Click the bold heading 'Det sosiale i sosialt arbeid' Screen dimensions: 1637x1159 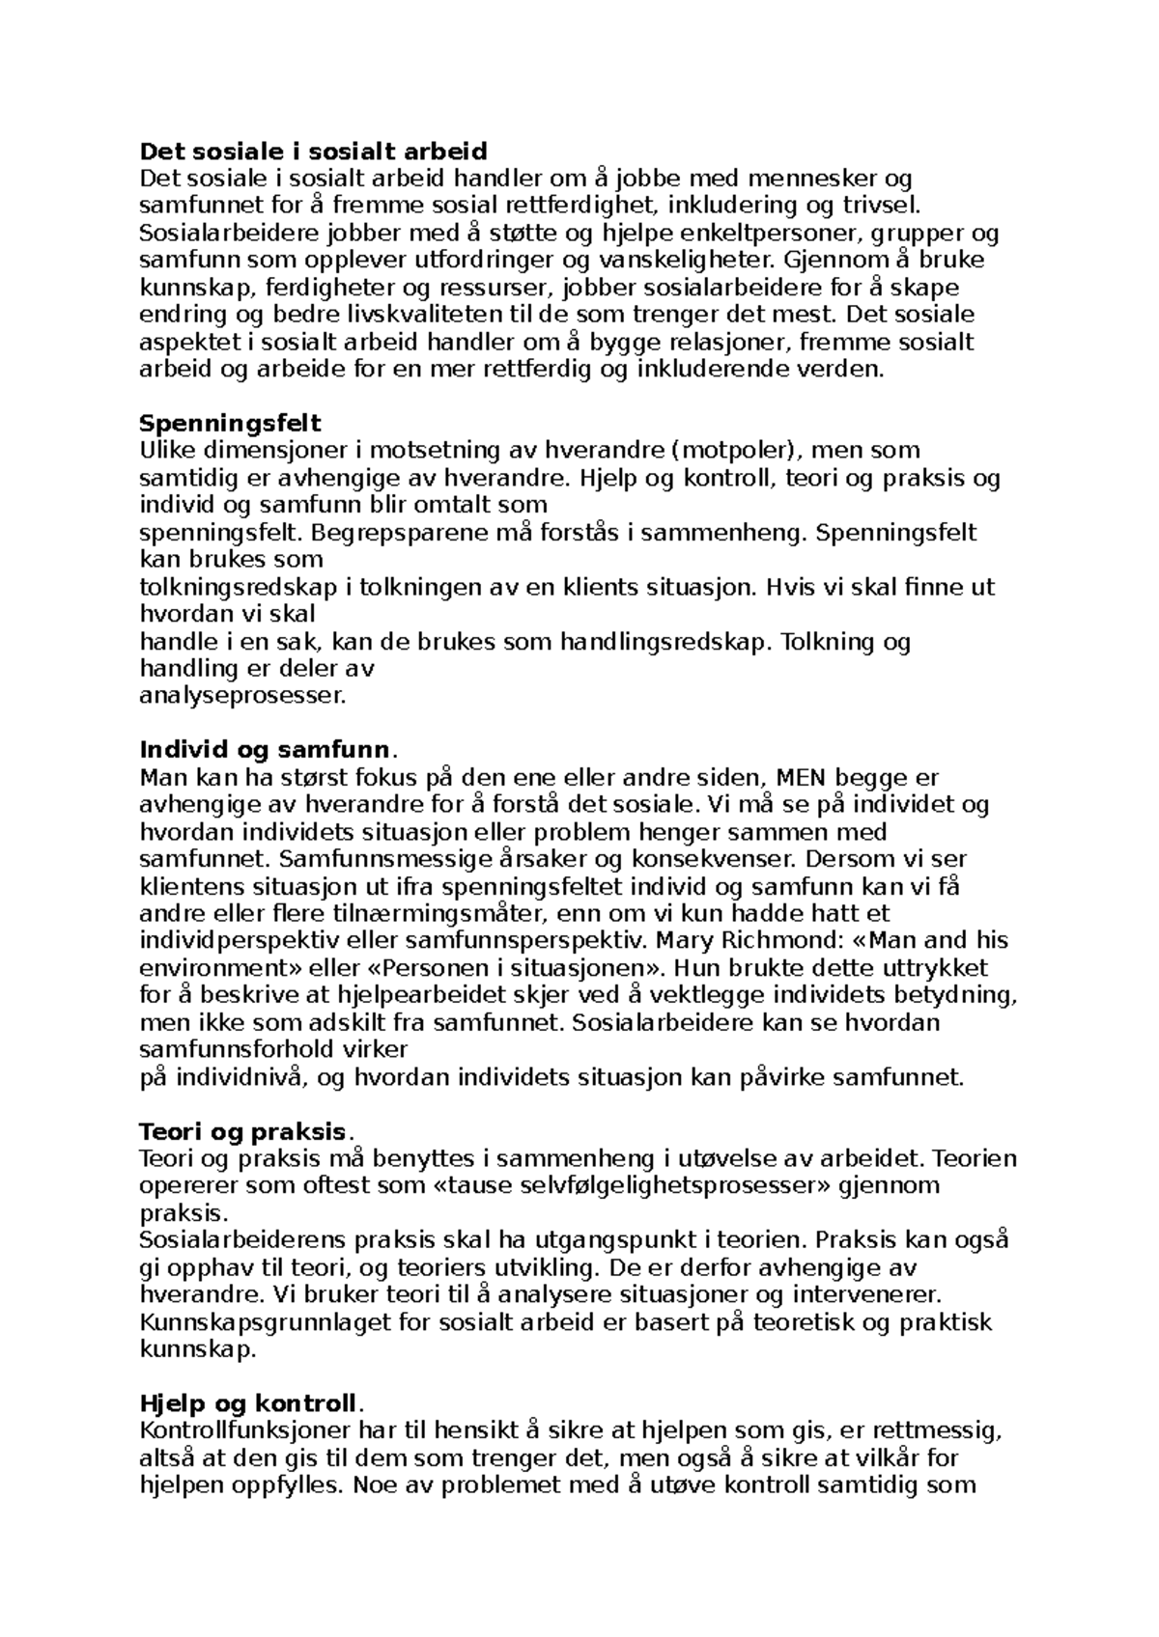pyautogui.click(x=314, y=151)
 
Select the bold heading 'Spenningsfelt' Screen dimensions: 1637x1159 pyautogui.click(x=230, y=423)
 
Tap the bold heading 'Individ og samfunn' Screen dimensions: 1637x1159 pyautogui.click(x=266, y=750)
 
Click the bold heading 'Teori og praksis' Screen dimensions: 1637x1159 pyautogui.click(x=242, y=1131)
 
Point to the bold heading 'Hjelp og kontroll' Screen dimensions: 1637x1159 pyautogui.click(x=248, y=1402)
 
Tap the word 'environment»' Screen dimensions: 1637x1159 pyautogui.click(x=206, y=967)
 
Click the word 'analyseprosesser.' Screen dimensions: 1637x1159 pyautogui.click(x=241, y=695)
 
